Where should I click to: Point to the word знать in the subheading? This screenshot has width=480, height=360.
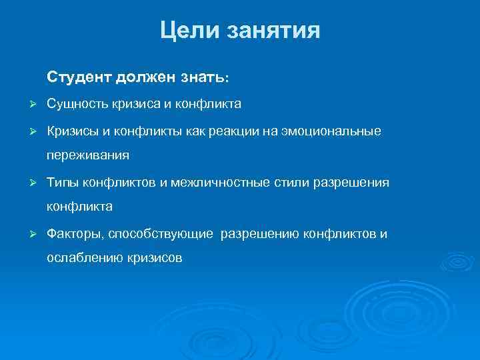coord(203,78)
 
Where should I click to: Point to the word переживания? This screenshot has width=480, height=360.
coord(88,156)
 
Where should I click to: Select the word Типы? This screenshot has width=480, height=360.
coord(62,182)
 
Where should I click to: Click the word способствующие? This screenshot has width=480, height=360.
coord(161,234)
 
